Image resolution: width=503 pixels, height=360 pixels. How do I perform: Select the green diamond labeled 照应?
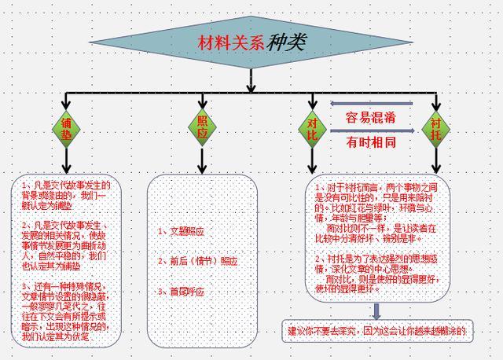click(x=202, y=127)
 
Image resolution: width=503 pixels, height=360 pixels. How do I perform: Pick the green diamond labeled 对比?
click(x=311, y=127)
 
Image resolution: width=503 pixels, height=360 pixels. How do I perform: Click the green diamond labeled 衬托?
click(x=436, y=127)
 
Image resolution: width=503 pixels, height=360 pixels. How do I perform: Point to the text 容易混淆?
click(x=371, y=117)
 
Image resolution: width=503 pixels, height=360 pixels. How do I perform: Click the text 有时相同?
click(x=371, y=143)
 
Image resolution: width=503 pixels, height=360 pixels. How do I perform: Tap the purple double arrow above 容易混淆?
click(x=371, y=103)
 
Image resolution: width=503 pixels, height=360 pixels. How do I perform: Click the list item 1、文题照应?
click(x=182, y=231)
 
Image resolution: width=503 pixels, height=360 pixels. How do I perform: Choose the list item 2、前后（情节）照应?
click(x=197, y=261)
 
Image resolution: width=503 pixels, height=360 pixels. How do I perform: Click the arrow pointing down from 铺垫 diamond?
click(x=67, y=161)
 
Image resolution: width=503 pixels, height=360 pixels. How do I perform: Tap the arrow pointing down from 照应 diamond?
click(x=202, y=161)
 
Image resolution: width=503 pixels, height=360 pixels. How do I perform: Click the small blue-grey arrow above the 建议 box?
click(x=376, y=310)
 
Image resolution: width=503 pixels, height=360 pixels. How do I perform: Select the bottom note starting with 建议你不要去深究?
click(x=376, y=331)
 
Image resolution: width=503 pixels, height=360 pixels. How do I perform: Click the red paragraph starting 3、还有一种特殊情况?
click(x=66, y=310)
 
